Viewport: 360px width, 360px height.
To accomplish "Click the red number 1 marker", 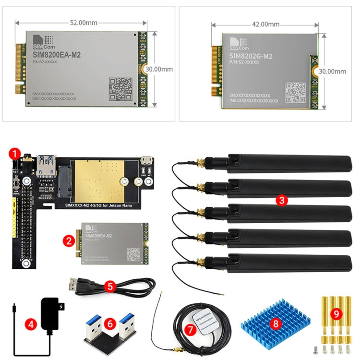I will (15, 154).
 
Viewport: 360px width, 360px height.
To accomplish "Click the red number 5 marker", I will (110, 287).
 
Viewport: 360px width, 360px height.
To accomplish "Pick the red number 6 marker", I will (110, 324).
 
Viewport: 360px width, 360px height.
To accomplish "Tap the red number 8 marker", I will (275, 323).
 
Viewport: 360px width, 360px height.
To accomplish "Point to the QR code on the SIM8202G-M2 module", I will (295, 92).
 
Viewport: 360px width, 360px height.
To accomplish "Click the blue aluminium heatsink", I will (275, 322).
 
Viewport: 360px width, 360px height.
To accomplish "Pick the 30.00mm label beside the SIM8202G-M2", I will (332, 71).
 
